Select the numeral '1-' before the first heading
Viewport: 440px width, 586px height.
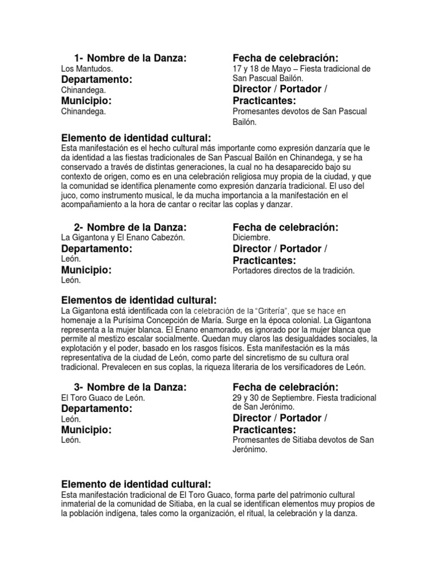pyautogui.click(x=80, y=58)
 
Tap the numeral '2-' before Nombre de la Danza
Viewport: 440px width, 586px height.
pyautogui.click(x=80, y=227)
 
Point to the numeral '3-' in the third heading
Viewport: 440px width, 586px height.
pyautogui.click(x=80, y=387)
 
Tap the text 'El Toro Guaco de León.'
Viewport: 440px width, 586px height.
pyautogui.click(x=103, y=398)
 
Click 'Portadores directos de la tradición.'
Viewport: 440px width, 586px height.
pyautogui.click(x=294, y=271)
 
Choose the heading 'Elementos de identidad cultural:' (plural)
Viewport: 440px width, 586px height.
pyautogui.click(x=139, y=300)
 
